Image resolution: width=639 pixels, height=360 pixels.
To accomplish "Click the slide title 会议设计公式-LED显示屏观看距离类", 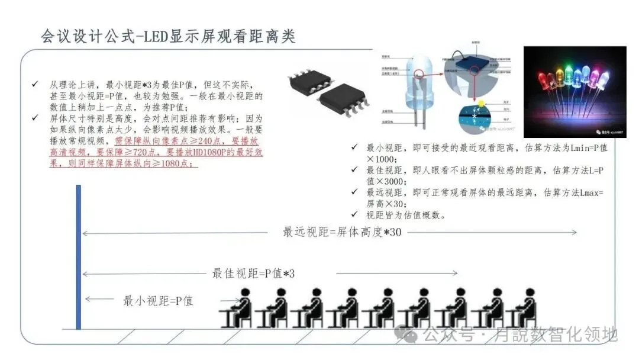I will [x=167, y=36].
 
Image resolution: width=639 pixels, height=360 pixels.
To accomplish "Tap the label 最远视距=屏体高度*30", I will [x=342, y=232].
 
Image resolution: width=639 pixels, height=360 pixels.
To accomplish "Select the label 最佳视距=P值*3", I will [x=253, y=274].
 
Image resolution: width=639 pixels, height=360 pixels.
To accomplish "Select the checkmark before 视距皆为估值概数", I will [x=354, y=214].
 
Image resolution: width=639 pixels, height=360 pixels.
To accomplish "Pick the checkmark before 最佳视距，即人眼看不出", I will [x=354, y=170].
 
